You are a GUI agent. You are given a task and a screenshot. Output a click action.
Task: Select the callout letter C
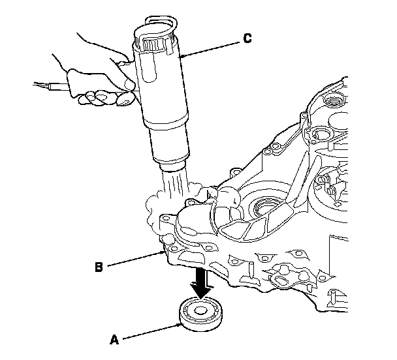point(247,38)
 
